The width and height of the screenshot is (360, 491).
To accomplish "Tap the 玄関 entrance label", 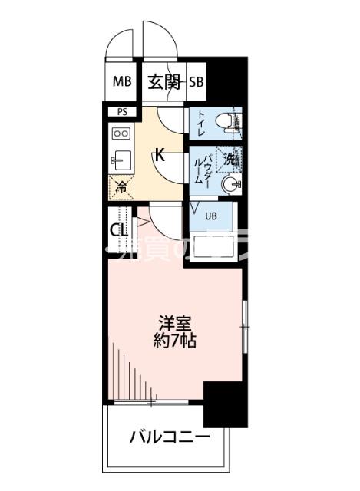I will coord(163,82).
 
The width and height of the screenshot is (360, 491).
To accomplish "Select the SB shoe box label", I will coord(197,82).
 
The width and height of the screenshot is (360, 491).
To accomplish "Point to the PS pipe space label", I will coord(122,112).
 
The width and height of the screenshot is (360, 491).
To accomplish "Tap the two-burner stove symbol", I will coord(121,133).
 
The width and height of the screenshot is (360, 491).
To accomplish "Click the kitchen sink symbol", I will coord(121,160).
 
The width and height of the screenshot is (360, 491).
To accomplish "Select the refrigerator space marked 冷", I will coord(120,185).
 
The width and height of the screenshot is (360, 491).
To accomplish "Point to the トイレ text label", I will coord(200,123).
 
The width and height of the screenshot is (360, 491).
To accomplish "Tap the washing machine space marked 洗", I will coord(229,159).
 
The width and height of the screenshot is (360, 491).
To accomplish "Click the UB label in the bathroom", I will coord(210,216).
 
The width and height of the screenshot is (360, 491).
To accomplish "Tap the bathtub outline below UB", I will coord(214,247).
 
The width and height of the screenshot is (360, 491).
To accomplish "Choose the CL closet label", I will coord(117,230).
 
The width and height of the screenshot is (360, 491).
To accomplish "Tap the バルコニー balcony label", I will coord(168,437).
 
